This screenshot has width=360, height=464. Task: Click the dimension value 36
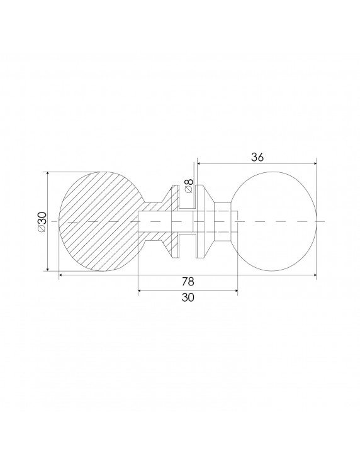256,158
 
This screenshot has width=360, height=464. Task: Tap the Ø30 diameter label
42,221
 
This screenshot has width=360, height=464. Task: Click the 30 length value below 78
187,299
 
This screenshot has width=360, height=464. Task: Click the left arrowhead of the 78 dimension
61,275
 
